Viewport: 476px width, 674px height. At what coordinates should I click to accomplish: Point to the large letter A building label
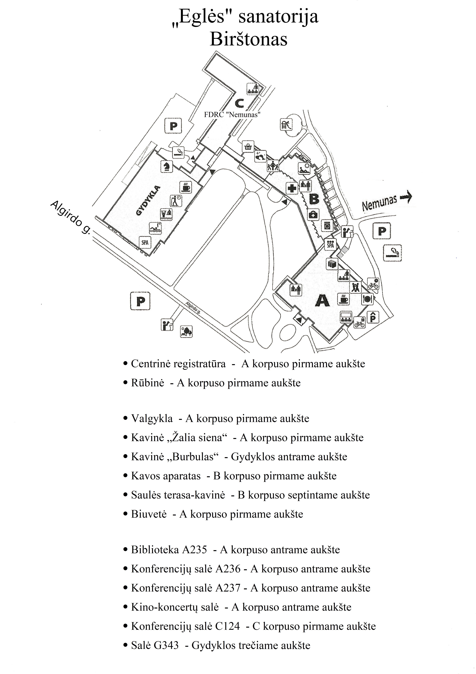(322, 301)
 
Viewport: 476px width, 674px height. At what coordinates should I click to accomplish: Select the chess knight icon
(166, 166)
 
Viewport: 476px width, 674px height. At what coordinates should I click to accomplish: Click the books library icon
(332, 264)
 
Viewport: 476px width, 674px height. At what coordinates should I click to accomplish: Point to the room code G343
(166, 645)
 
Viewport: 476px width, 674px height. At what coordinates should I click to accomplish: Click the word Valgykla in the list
(152, 418)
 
